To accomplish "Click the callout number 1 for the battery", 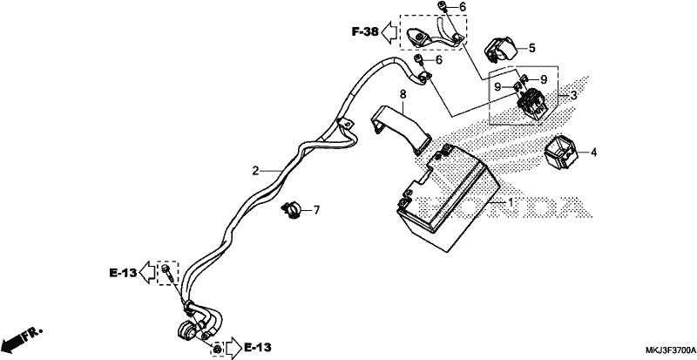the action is [x=511, y=203].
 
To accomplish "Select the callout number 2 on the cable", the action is [x=255, y=171].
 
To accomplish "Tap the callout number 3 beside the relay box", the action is [x=573, y=95].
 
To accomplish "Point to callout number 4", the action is [x=593, y=153].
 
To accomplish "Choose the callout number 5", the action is [x=532, y=48].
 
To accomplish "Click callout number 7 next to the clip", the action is [x=316, y=210].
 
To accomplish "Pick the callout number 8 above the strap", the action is [x=403, y=94].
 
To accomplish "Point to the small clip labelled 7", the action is [x=291, y=209].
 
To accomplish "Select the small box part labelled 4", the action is [x=561, y=153].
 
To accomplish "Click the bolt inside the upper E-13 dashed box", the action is [x=168, y=272].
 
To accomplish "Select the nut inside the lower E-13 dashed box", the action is [x=217, y=349].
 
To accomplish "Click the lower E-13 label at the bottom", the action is [x=257, y=347].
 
